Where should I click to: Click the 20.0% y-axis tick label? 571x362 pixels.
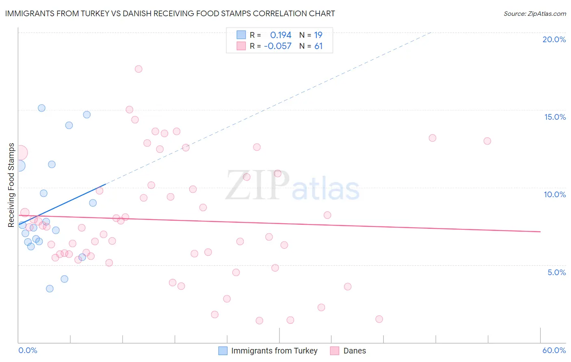tap(554, 39)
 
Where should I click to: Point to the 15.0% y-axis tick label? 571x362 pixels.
tap(555, 117)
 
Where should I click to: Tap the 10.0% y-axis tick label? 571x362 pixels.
tap(555, 194)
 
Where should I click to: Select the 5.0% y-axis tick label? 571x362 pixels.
tap(556, 272)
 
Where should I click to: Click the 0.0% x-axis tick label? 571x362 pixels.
tap(28, 350)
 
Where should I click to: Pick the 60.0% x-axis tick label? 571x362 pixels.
tap(554, 350)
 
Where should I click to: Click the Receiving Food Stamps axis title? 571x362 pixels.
tap(11, 185)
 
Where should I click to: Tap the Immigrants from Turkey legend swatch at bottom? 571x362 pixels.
tap(223, 351)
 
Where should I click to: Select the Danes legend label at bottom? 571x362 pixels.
tap(355, 351)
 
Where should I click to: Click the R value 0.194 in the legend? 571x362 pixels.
tap(281, 35)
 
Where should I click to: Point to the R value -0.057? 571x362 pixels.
tap(278, 46)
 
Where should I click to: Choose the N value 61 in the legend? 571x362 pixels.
tap(318, 46)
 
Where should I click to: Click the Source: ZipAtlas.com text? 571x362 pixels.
tap(534, 14)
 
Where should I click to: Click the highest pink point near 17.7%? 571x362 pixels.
tap(138, 69)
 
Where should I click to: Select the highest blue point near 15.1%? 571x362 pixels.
tap(41, 108)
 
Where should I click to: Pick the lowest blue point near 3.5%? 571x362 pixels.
tap(50, 289)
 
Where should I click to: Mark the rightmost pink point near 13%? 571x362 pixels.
tap(487, 141)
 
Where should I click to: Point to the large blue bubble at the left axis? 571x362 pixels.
tap(19, 166)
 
